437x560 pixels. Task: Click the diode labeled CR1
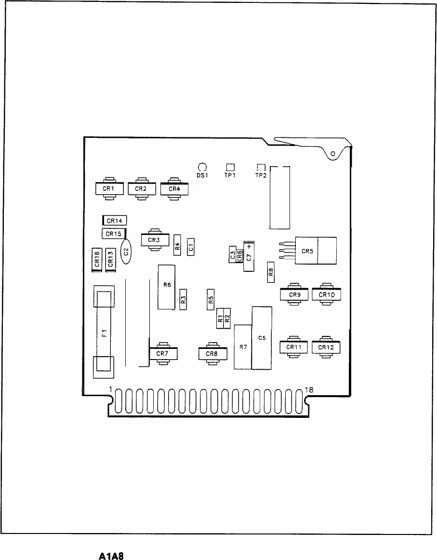[110, 189]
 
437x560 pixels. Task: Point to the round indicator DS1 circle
[202, 167]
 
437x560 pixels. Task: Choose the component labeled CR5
[316, 251]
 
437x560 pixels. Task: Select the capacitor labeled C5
[262, 338]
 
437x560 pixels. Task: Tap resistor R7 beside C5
[243, 347]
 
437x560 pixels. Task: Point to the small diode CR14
[115, 221]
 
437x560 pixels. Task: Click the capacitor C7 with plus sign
[249, 255]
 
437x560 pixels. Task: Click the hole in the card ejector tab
[332, 154]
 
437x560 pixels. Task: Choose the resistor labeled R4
[177, 247]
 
